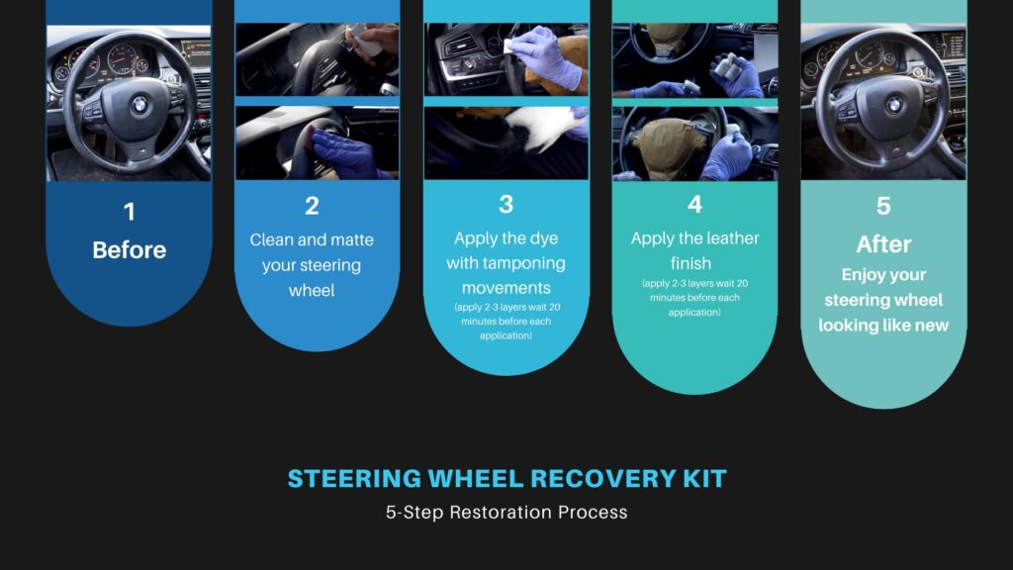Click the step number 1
point(130,212)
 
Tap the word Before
point(130,250)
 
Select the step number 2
point(312,206)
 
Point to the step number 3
point(506,204)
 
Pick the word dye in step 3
point(544,239)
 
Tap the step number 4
point(694,204)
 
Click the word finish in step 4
point(691,263)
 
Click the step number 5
point(883,206)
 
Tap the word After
point(883,244)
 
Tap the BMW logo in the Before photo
point(139,105)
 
